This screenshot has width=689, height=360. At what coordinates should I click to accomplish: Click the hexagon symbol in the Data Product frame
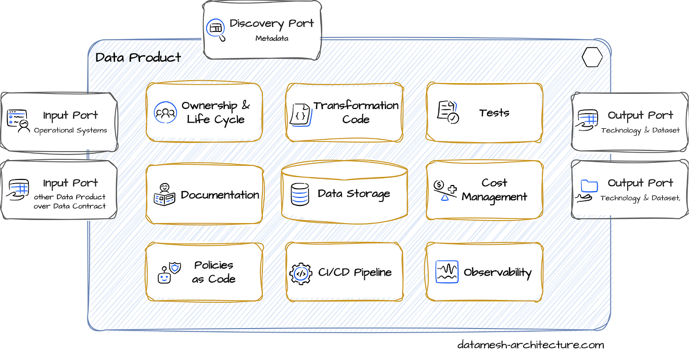pos(592,57)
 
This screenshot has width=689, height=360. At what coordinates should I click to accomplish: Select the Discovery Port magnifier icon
pos(216,29)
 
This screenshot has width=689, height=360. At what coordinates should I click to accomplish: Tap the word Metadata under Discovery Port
pos(271,39)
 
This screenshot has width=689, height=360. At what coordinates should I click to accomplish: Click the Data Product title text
pos(138,58)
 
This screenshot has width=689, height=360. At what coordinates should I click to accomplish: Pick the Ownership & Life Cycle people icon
pos(165,113)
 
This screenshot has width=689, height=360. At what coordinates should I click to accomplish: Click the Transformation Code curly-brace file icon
pos(300,115)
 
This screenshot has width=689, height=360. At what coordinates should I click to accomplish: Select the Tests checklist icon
pos(447,112)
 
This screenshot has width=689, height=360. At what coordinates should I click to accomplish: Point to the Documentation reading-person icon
pos(164,194)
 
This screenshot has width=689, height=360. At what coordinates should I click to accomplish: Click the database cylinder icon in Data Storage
pos(300,194)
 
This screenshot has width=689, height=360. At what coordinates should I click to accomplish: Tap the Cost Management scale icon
pos(445,190)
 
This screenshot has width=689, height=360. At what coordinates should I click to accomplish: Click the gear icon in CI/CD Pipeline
pos(301,273)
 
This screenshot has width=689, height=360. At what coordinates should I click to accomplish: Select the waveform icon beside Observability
pos(446,272)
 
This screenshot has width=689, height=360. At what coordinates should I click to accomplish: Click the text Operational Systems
pos(71,131)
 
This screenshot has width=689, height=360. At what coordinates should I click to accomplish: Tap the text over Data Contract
pos(70,206)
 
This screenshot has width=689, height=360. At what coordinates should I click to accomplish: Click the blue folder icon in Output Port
pos(589,186)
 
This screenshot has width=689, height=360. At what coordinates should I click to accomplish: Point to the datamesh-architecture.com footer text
pos(530,345)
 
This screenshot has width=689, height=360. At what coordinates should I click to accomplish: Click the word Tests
pos(494,113)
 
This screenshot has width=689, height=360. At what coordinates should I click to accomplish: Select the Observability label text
pos(497,273)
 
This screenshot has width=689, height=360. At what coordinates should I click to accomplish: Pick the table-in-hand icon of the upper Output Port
pos(587,120)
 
